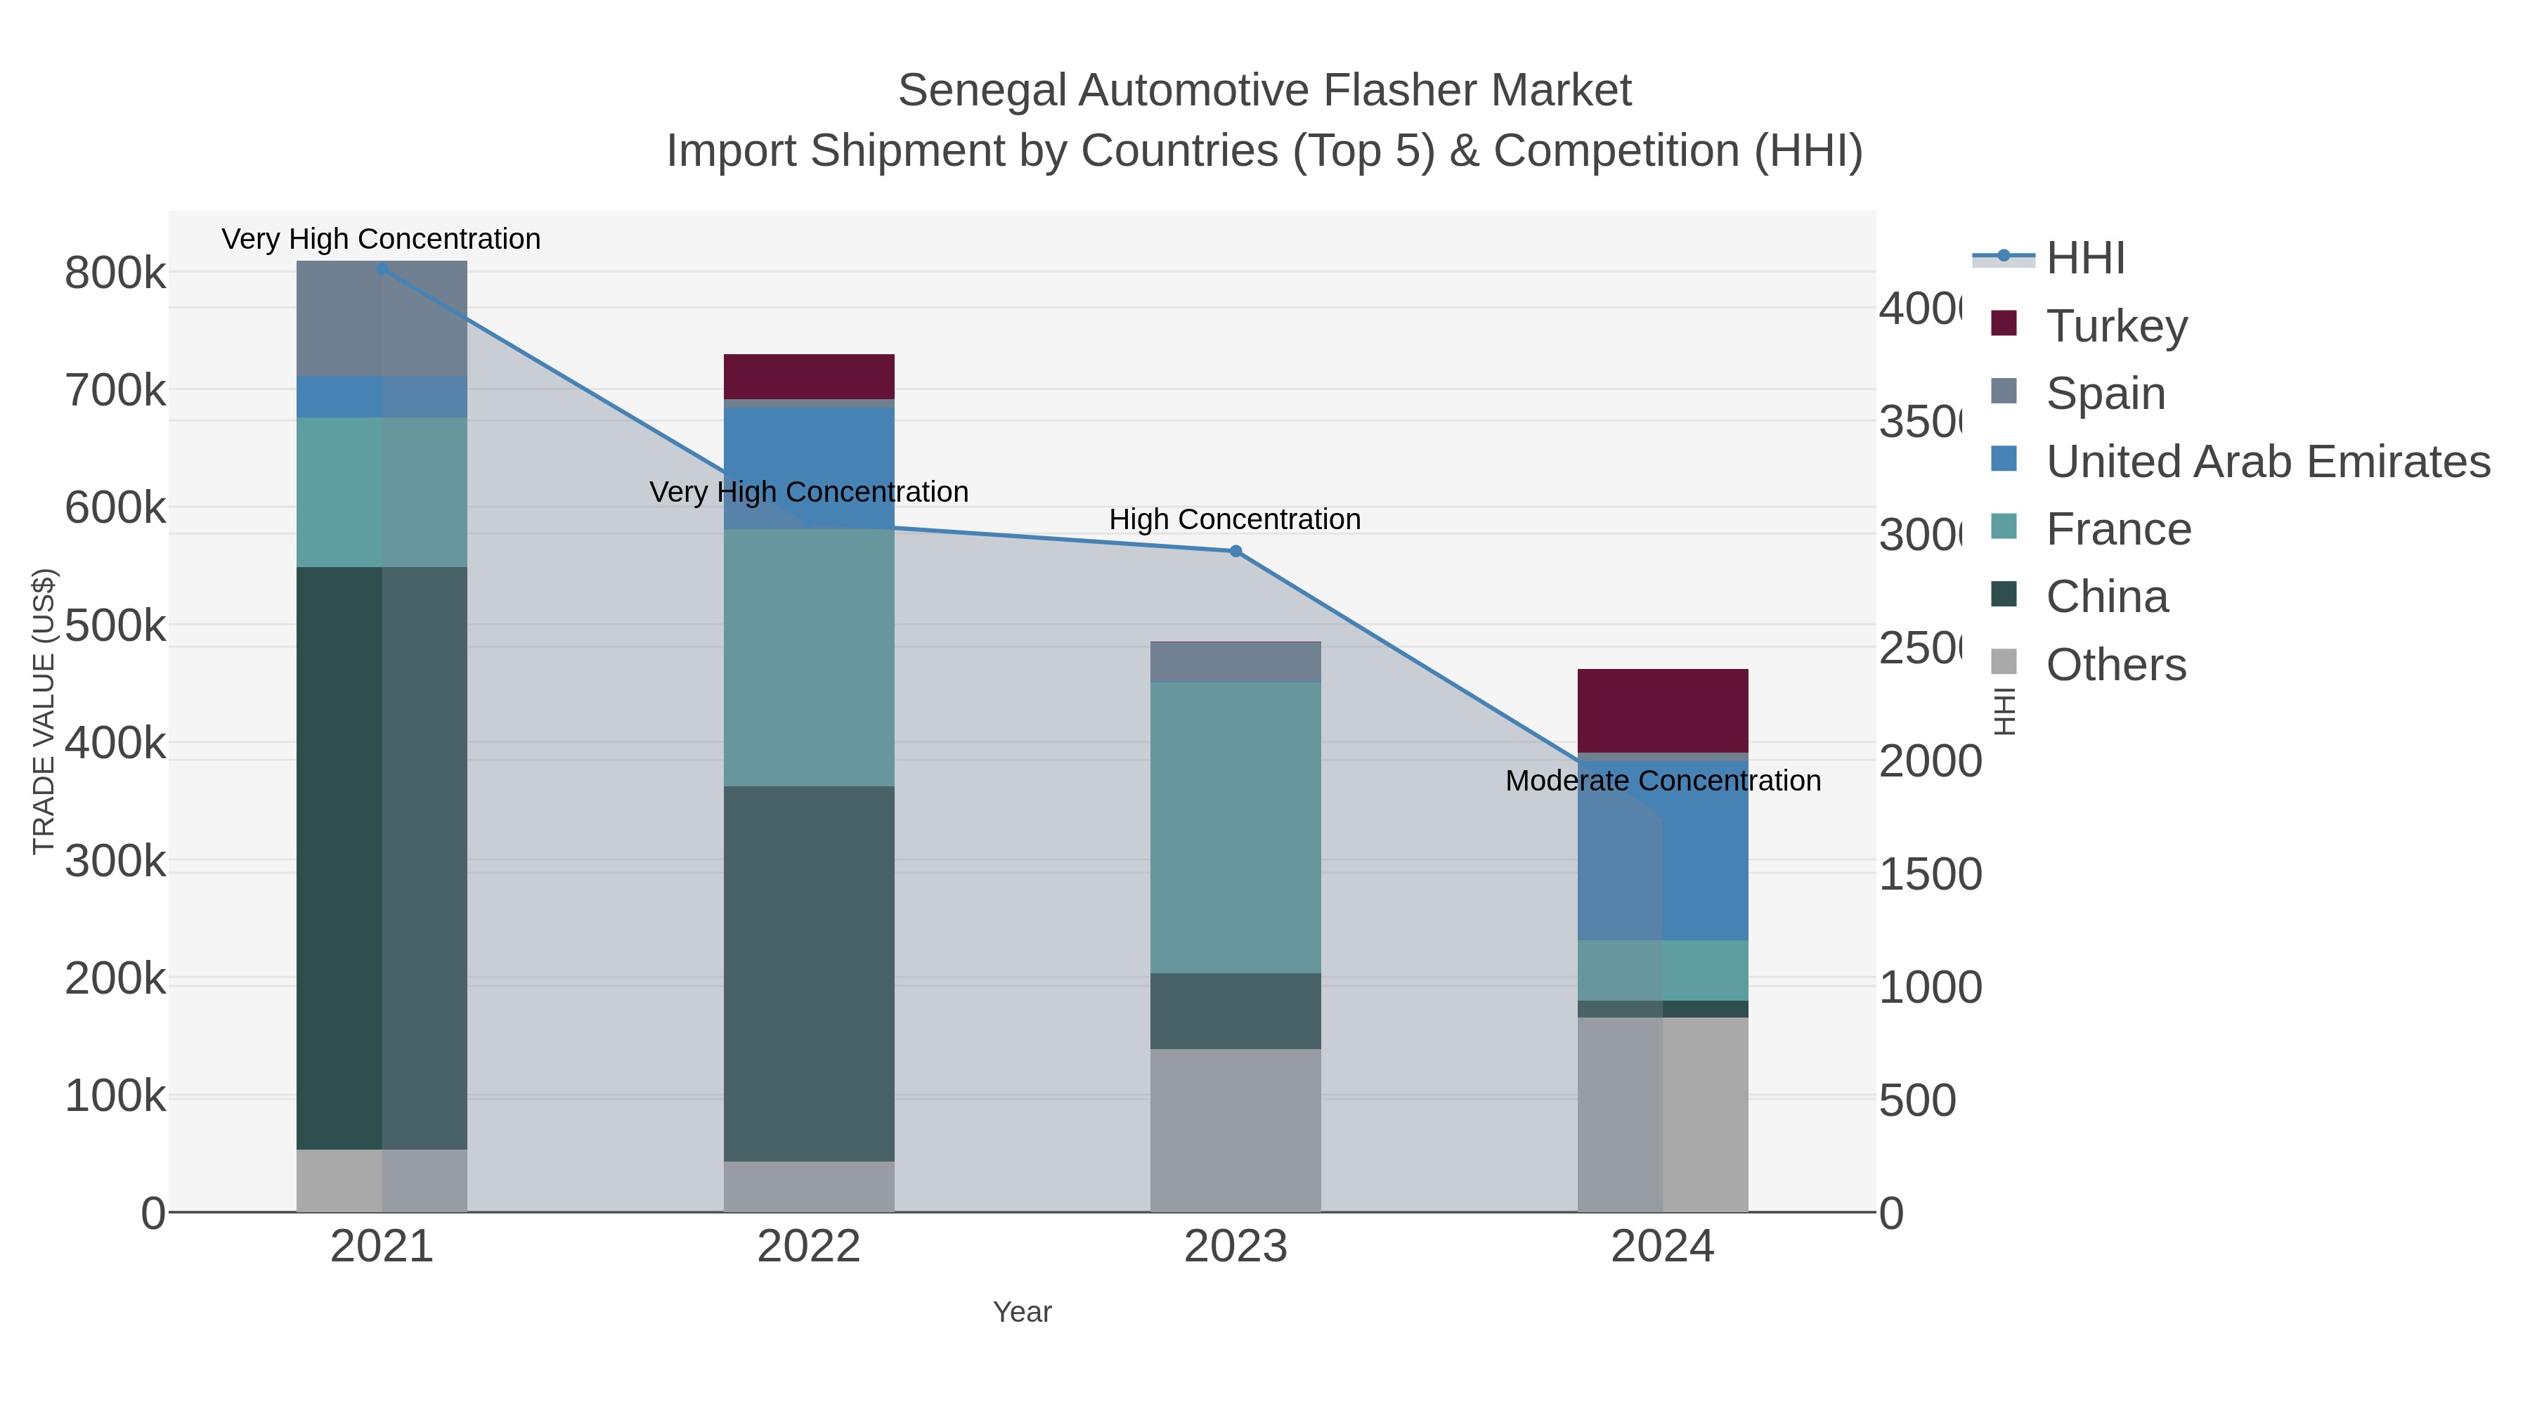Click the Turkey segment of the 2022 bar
coord(808,376)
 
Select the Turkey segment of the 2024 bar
coord(1662,710)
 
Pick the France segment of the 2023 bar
coord(1235,827)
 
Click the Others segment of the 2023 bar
coord(1235,1129)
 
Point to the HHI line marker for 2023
coord(1235,551)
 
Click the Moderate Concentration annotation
coord(1662,781)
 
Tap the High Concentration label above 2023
coord(1235,519)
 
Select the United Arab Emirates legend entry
coord(2266,462)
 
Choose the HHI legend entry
coord(2085,259)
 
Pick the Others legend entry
coord(2115,665)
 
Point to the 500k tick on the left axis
coord(115,625)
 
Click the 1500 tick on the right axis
coord(1929,875)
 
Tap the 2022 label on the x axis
coord(808,1246)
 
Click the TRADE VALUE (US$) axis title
coord(43,711)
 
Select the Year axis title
coord(1021,1312)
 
